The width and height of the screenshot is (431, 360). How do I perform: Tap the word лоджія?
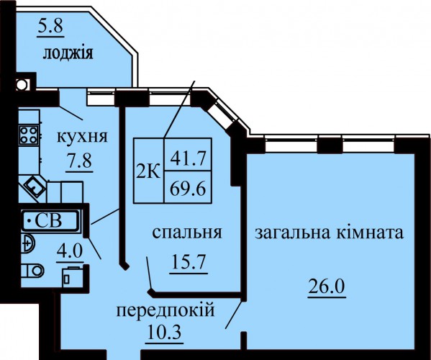68,53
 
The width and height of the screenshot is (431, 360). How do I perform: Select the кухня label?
82,137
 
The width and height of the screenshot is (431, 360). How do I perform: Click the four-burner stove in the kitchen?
29,135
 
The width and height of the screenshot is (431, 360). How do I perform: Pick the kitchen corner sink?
35,186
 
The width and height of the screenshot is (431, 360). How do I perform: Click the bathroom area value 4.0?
70,251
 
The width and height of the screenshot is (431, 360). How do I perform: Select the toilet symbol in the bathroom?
32,270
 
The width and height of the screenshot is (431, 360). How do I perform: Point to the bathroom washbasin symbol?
28,243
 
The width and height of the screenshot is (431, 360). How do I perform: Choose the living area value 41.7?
188,158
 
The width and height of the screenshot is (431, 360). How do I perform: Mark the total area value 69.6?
188,189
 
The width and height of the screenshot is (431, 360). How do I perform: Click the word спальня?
187,233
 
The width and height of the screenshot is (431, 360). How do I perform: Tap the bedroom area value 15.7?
189,262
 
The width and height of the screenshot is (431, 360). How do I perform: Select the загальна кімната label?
330,233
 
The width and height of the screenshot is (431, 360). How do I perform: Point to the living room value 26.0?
326,287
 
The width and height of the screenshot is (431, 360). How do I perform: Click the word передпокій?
165,311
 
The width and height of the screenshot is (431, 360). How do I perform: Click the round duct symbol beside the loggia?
22,84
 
